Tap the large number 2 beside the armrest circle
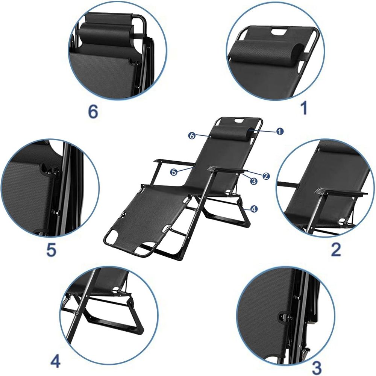coord(335,249)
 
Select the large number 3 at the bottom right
coord(317,366)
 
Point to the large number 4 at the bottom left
coord(55,361)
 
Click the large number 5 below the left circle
coord(51,250)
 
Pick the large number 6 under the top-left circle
coord(92,111)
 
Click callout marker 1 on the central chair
coord(279,131)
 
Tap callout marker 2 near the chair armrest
coord(266,176)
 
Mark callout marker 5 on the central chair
coord(173,172)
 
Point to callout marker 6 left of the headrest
coord(192,136)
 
